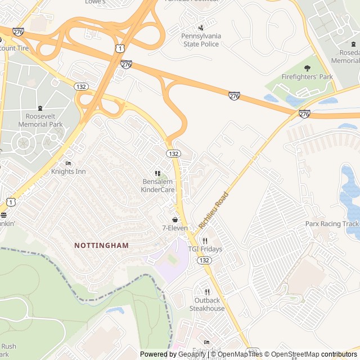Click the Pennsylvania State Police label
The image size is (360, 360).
201,39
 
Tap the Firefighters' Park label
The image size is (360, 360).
307,77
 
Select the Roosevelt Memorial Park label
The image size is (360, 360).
40,120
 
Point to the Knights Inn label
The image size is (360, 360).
68,171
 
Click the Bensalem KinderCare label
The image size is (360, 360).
158,186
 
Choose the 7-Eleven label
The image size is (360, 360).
175,228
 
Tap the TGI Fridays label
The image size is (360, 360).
205,249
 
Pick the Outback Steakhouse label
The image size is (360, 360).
207,304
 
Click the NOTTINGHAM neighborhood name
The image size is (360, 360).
101,245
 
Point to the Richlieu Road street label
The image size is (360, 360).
214,209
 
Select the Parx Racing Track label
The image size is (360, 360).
332,223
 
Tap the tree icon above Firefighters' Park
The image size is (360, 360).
307,68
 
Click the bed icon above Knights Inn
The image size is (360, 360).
68,163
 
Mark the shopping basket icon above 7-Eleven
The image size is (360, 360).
175,219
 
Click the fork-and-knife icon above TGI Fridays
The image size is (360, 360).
205,241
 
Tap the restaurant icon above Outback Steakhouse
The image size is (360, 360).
207,292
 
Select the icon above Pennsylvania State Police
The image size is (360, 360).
201,28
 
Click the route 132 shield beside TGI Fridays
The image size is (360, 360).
204,260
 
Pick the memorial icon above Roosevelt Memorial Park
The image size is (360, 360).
40,108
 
